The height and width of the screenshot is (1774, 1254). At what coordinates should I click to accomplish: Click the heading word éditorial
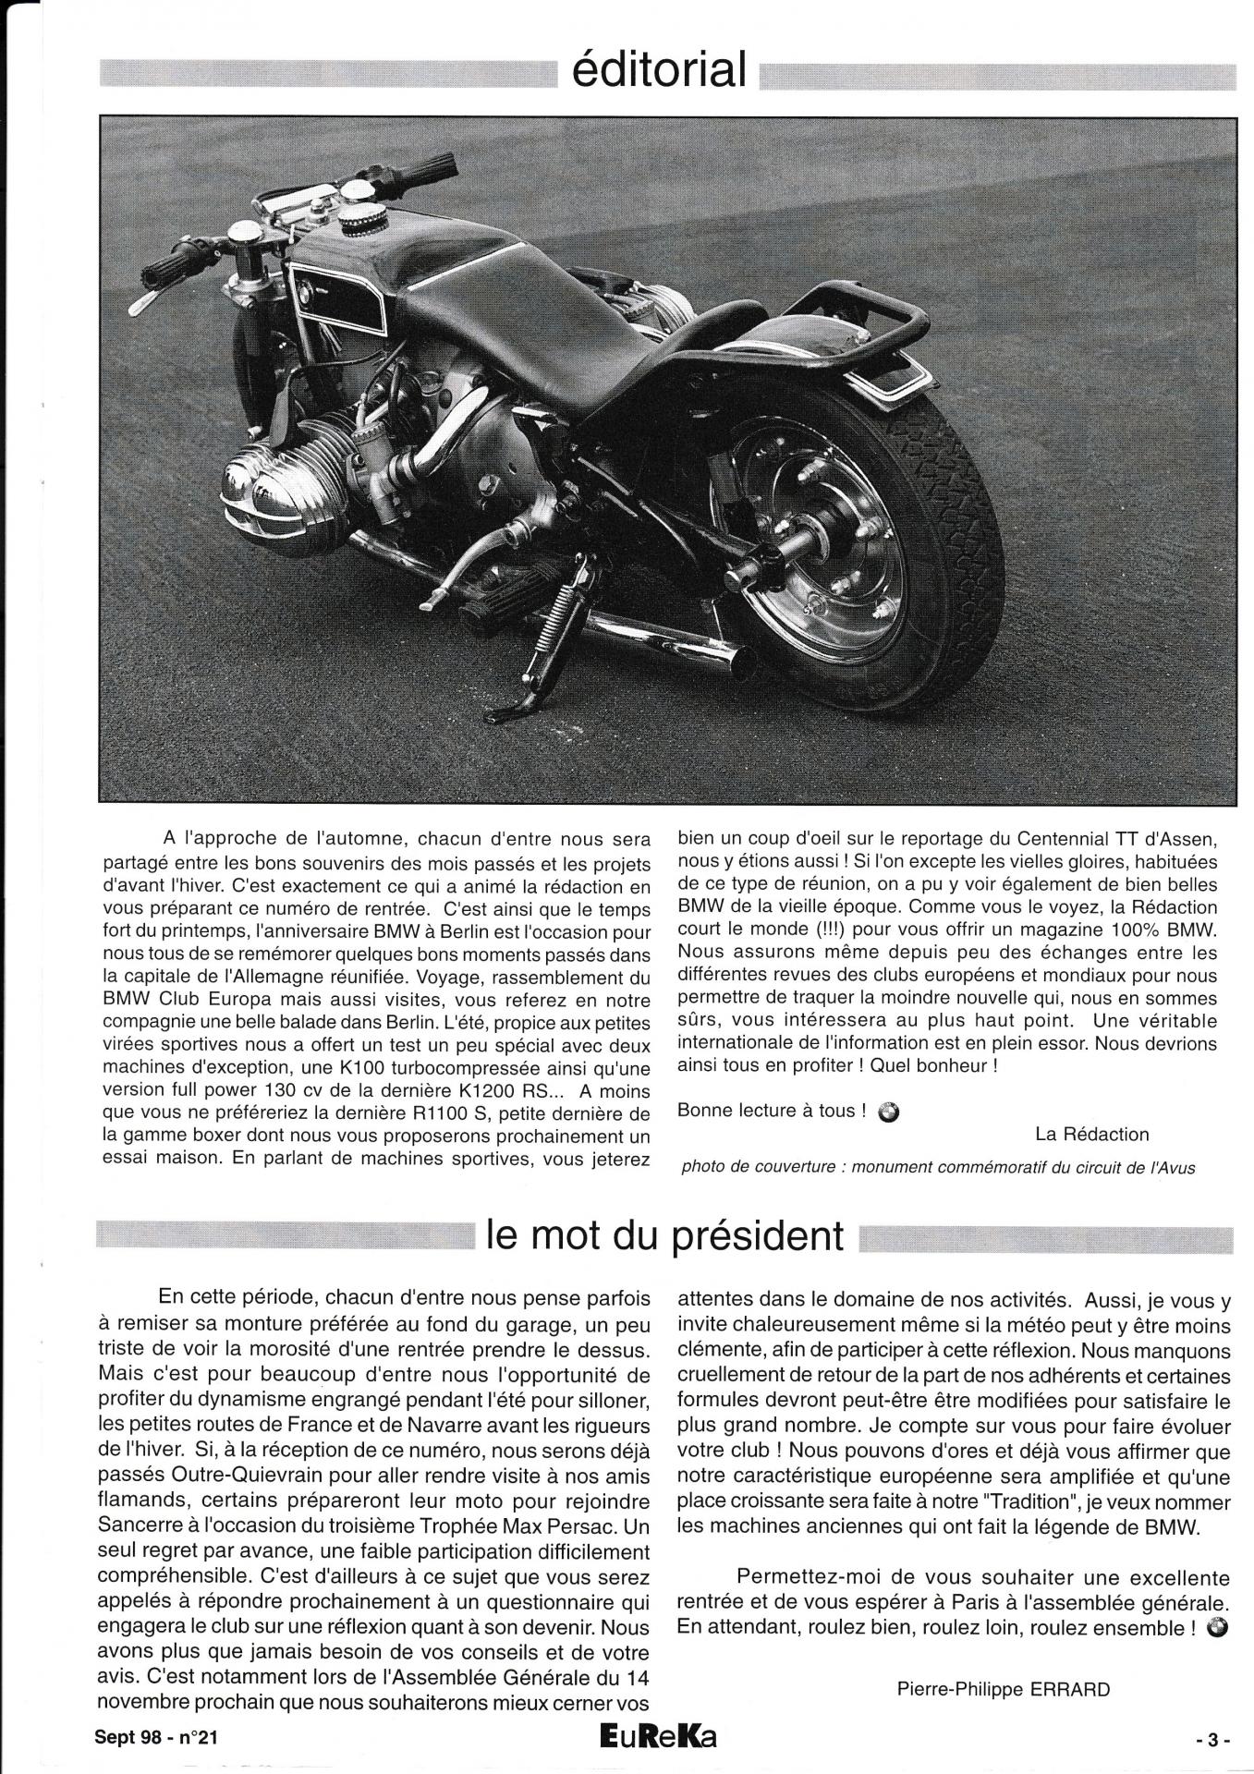tap(659, 70)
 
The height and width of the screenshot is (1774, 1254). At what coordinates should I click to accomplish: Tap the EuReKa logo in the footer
tap(657, 1738)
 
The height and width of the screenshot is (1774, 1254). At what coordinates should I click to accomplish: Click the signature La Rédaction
tap(1091, 1134)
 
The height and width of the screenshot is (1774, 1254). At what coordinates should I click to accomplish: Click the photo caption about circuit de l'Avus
tap(938, 1167)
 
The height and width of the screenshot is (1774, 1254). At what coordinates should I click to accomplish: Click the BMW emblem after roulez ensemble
tap(1217, 1628)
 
